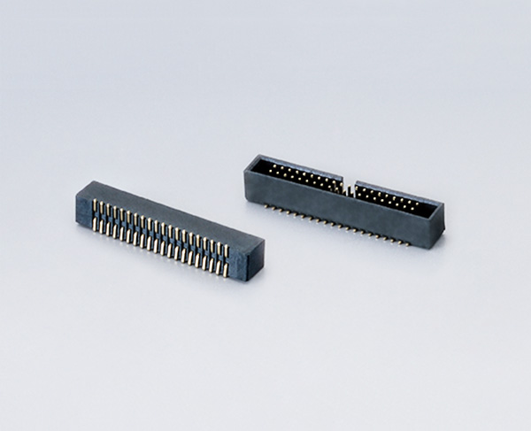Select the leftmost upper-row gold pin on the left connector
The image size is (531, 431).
coord(93,206)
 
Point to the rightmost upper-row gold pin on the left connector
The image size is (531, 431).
coord(227,251)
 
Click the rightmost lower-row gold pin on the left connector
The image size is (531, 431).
coord(227,268)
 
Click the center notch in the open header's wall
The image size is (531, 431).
coord(348,189)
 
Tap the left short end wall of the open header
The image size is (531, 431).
coord(250,176)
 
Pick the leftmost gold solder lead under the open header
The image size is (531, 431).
coord(265,206)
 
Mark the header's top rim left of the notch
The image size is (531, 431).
coord(296,165)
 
